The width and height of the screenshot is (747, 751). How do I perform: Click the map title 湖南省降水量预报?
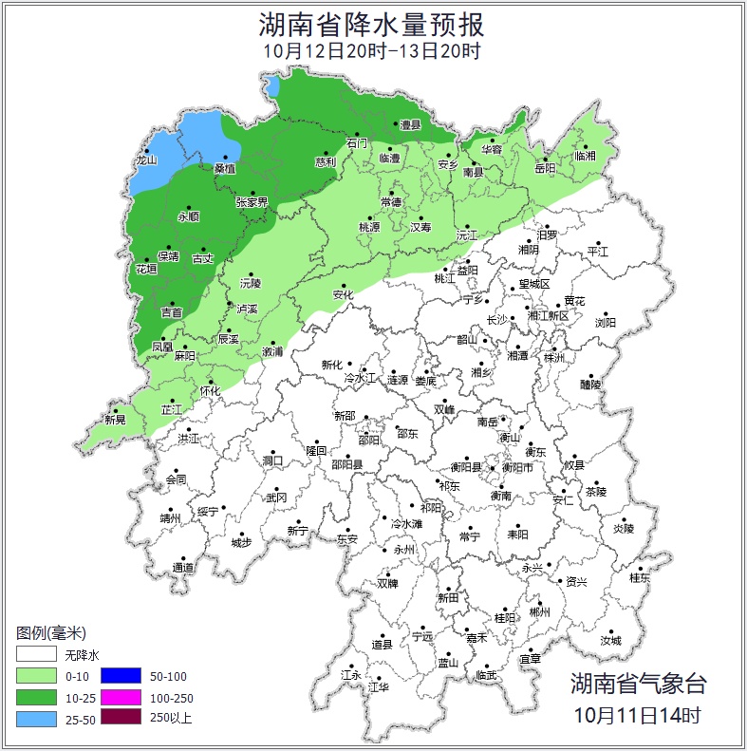372,24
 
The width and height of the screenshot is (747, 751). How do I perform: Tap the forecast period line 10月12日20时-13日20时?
372,51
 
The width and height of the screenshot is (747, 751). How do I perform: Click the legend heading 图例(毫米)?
51,632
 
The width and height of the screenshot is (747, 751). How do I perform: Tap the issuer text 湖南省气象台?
638,683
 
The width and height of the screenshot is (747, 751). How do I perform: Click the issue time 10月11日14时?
638,713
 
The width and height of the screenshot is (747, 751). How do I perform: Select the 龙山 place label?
145,160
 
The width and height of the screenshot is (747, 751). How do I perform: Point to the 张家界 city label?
252,202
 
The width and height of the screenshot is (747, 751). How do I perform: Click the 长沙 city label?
497,320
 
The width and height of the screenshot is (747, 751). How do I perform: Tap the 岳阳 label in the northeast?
545,168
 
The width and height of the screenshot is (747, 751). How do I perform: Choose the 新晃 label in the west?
115,419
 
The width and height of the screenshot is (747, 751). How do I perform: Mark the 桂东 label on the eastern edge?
640,577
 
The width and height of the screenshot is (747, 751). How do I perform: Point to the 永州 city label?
404,550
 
